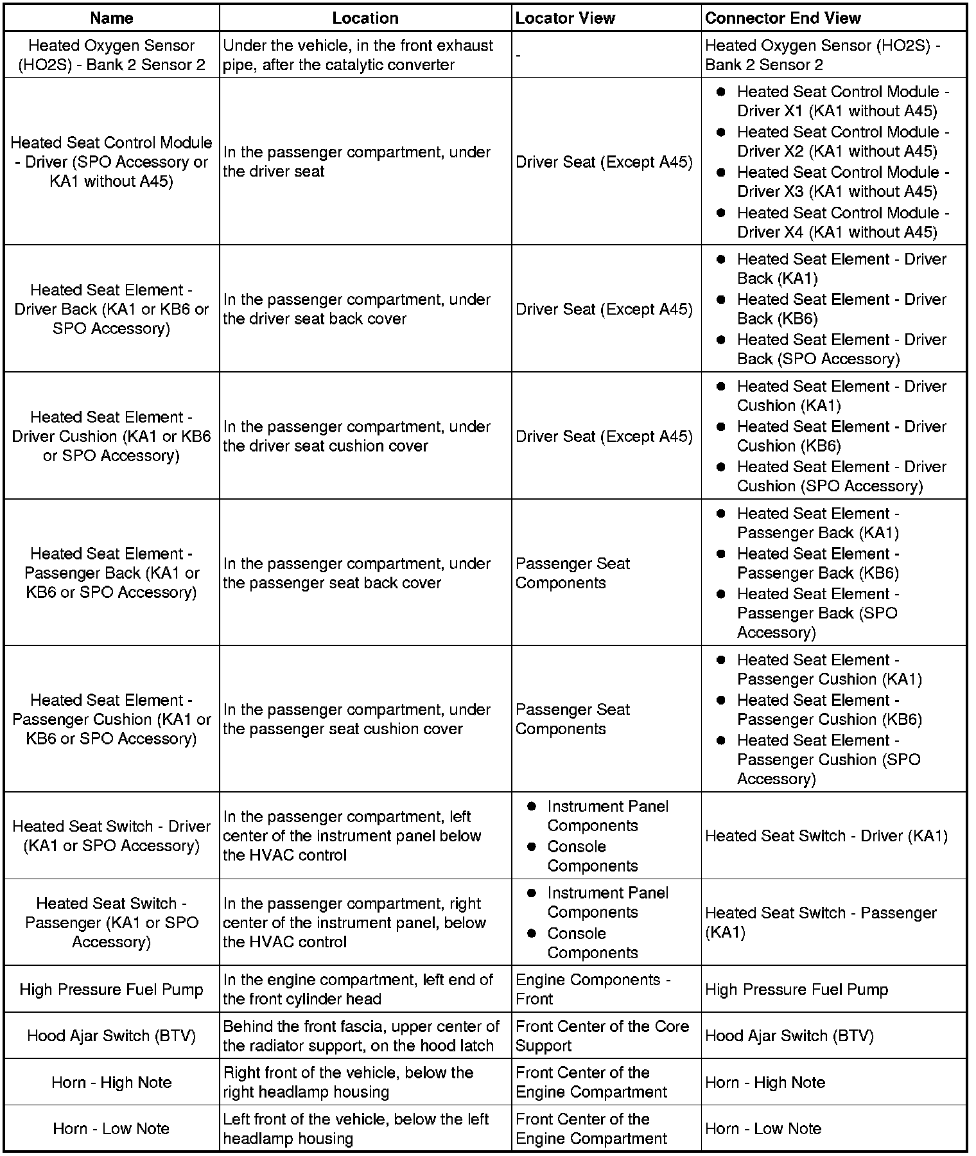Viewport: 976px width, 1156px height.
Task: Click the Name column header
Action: (x=112, y=18)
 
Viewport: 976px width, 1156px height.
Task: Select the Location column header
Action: (x=365, y=18)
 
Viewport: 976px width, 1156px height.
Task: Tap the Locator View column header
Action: (x=565, y=18)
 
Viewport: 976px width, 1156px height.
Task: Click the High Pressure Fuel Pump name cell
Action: (x=112, y=989)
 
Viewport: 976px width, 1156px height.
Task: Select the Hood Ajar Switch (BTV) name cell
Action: (x=112, y=1035)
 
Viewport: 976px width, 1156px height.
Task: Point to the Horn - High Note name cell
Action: (x=112, y=1082)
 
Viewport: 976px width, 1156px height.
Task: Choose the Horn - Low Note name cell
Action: (x=112, y=1128)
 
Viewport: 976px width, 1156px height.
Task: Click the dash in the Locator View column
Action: (x=518, y=55)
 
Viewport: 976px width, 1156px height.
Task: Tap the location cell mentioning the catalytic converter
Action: (x=358, y=55)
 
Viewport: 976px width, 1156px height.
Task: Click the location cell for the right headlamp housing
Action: (x=348, y=1082)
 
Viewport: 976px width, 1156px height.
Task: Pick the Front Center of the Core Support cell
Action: (x=602, y=1036)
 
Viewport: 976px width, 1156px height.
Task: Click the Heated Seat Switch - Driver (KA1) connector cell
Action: (x=826, y=836)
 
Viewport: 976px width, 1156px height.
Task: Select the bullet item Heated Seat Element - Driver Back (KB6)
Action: (x=841, y=309)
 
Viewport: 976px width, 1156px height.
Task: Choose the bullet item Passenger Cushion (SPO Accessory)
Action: (x=828, y=759)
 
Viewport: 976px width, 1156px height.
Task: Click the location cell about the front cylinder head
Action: (x=358, y=989)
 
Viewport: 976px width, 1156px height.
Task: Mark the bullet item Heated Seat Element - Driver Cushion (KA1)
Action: (x=841, y=396)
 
